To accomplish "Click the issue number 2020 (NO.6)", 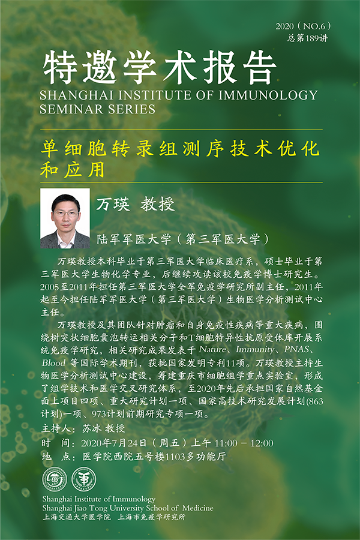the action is [303, 26].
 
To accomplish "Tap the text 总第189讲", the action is [307, 38].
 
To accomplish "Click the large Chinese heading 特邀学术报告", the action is [160, 67].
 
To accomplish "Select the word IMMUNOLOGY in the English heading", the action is [268, 95].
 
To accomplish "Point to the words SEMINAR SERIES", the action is [97, 109].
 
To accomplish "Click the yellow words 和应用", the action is [73, 169].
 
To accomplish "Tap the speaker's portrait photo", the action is [65, 218].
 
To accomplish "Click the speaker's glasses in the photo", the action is [66, 213].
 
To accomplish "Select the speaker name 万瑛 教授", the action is [136, 205].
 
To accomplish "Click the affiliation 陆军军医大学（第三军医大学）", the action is [183, 239].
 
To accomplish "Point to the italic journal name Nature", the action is [213, 350].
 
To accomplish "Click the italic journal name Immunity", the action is [255, 350].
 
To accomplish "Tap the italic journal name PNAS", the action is [296, 350].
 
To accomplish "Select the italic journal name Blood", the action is [54, 362].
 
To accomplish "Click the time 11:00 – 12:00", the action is [244, 443].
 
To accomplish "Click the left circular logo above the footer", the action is [55, 479].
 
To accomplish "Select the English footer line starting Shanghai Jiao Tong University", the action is [128, 508].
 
